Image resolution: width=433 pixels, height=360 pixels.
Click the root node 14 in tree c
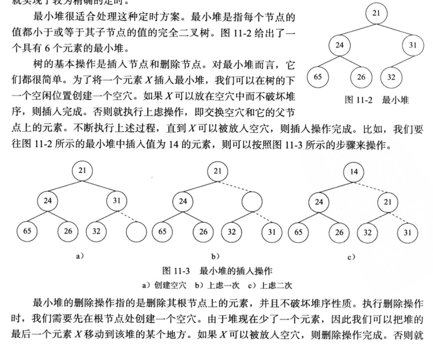coord(354,172)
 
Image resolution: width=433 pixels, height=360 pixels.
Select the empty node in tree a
coord(136,232)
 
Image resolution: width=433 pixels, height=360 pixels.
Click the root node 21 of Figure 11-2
coord(376,13)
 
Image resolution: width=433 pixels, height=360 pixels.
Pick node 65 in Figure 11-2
coord(318,76)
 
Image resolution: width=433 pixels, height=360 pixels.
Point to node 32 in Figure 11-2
coord(391,77)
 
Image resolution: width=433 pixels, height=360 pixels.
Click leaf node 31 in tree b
coord(272,232)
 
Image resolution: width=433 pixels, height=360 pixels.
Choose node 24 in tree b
coord(183,201)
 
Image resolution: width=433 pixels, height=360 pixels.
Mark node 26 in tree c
coord(339,232)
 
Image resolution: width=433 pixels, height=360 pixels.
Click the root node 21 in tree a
coord(82,171)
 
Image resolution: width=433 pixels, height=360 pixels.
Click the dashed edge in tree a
coord(128,216)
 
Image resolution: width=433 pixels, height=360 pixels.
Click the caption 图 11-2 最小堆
coord(377,100)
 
